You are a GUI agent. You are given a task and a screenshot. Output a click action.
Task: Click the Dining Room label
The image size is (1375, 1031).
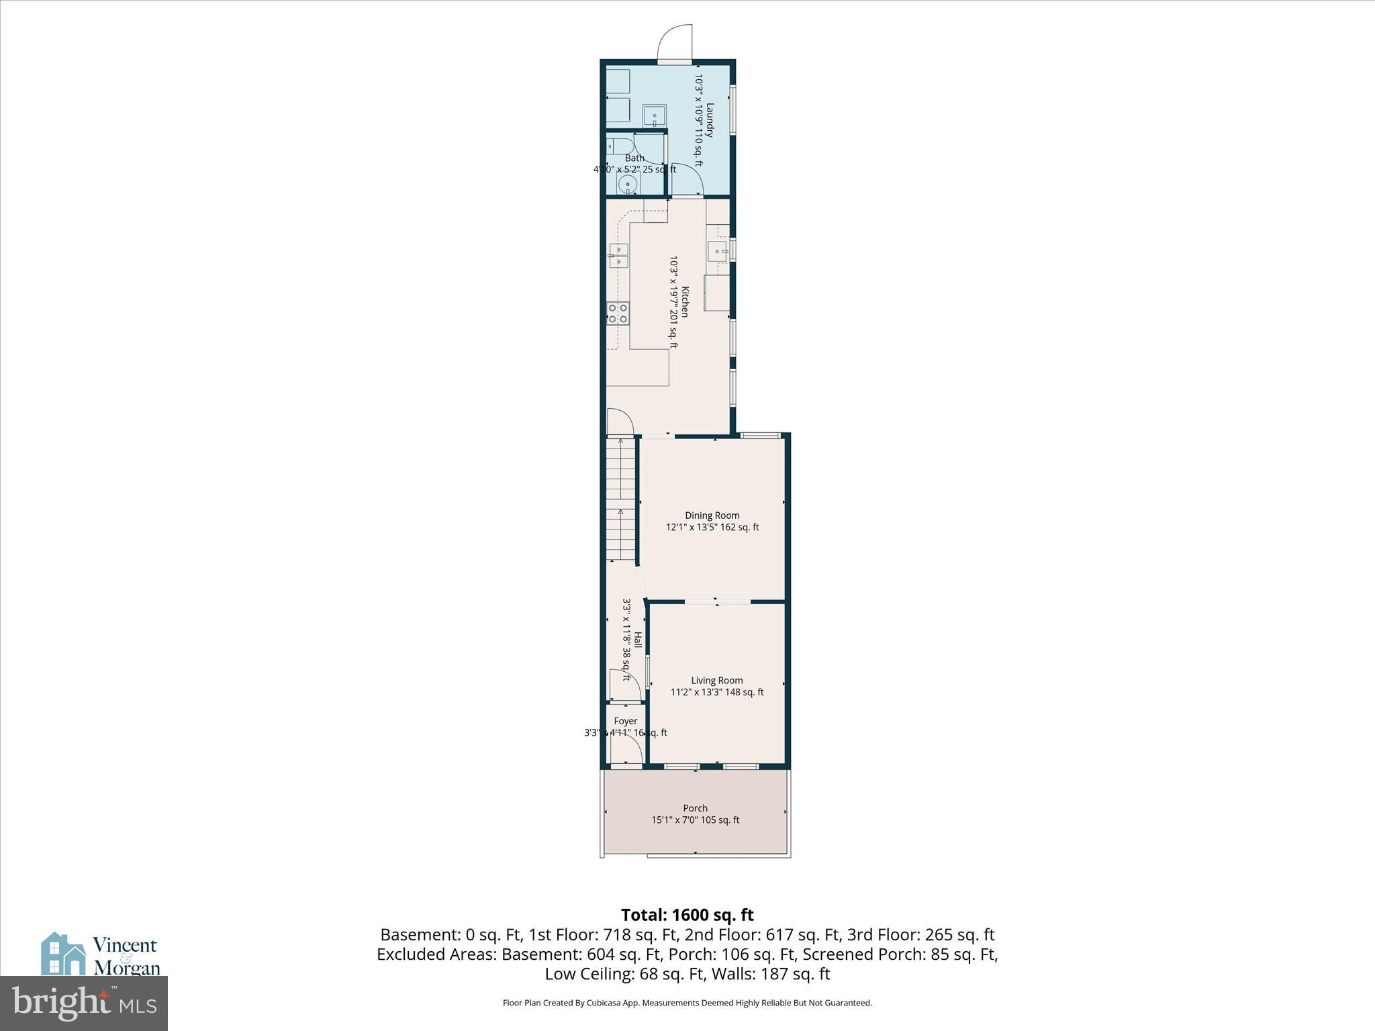pos(712,515)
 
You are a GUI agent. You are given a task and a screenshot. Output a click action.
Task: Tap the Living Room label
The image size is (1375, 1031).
pos(716,680)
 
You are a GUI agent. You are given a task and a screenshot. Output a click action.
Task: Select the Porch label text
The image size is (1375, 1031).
pos(695,808)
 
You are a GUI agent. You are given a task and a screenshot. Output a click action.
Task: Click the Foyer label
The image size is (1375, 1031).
pos(625,721)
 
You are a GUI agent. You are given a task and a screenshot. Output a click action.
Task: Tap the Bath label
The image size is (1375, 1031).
pos(634,158)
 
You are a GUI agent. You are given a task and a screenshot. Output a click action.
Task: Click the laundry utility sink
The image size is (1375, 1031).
pos(654,116)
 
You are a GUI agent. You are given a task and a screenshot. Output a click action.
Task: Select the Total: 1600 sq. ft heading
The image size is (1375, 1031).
pos(687,915)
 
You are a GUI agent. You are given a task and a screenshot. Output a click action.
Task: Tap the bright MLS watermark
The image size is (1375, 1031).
pos(83,1003)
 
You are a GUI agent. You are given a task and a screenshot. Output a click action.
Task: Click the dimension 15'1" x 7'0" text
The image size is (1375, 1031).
pos(695,820)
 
